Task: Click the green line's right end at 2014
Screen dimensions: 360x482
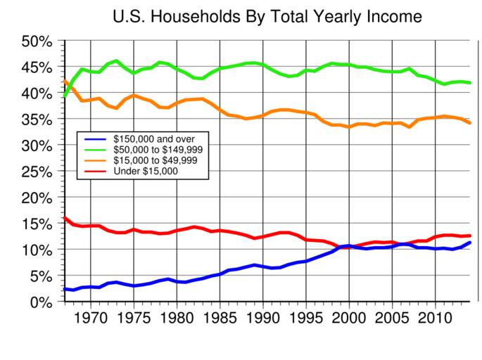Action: (x=470, y=83)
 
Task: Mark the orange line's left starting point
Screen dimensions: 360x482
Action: (x=65, y=80)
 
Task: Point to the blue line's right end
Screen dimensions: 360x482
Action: (x=470, y=243)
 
